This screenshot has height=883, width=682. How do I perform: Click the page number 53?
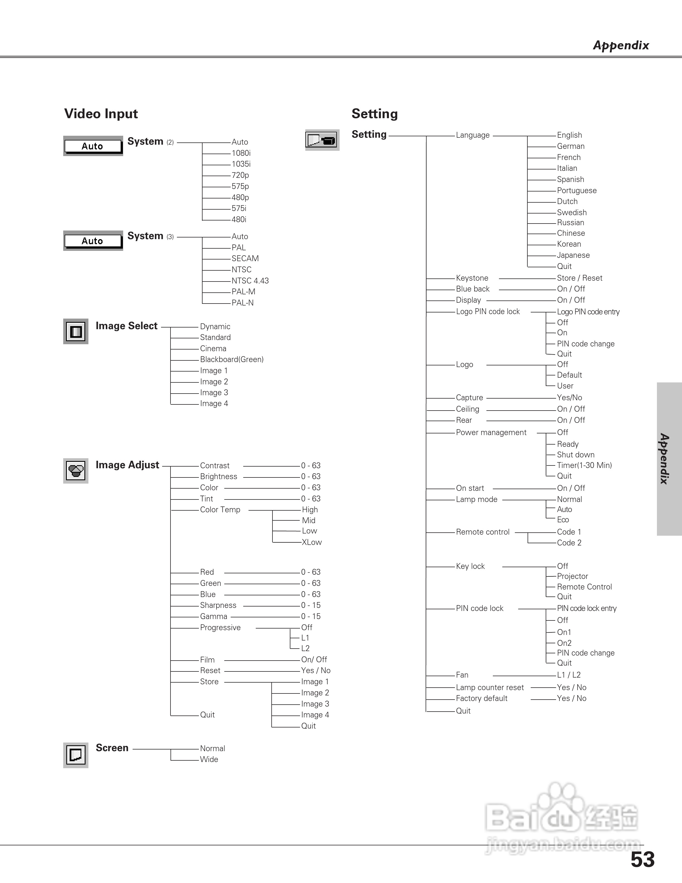pos(642,860)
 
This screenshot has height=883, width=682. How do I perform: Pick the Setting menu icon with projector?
pos(322,140)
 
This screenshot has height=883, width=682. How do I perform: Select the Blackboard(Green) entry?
pos(232,360)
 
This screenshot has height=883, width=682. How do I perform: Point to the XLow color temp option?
pos(311,542)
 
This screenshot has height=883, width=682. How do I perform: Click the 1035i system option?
pos(241,164)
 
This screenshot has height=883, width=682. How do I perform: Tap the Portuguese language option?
pos(576,190)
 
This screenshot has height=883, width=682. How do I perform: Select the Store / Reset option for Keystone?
pos(579,278)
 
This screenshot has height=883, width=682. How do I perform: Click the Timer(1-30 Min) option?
pos(584,465)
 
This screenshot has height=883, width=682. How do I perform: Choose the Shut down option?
pos(575,455)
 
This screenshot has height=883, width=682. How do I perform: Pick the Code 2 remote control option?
pos(569,543)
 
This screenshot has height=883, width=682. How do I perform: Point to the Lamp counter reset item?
pos(490,687)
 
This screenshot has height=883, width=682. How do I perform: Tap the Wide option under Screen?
pos(209,759)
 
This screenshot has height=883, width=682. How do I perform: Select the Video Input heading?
pos(101,114)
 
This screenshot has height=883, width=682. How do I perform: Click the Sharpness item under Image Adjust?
pos(218,605)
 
